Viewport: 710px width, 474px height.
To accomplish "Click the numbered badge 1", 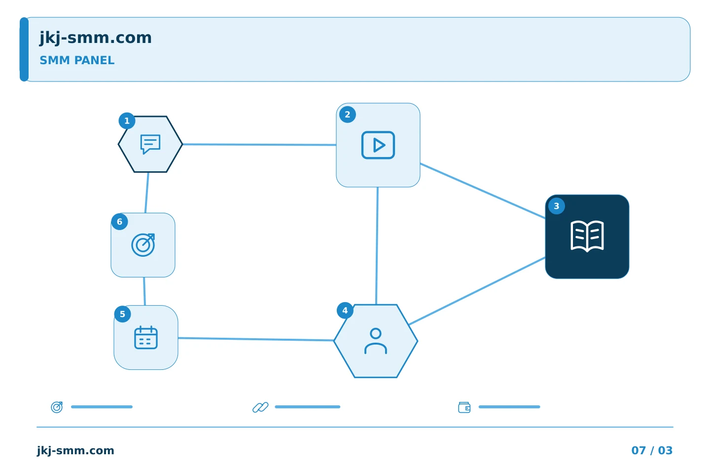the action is [127, 121].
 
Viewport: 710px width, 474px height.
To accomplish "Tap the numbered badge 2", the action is [348, 115].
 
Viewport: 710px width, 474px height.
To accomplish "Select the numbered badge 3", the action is [556, 206].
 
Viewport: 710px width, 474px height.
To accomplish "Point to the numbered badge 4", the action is [345, 311].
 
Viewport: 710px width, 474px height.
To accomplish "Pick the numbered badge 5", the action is [122, 315].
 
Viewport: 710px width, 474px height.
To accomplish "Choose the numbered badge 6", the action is [119, 222].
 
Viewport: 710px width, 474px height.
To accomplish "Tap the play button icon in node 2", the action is [378, 145].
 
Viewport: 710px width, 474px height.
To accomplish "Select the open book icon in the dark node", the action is [587, 237].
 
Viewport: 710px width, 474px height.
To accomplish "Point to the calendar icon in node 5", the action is [146, 338].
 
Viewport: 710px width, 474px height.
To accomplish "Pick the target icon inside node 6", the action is [143, 245].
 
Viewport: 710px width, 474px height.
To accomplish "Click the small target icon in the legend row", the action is [57, 407].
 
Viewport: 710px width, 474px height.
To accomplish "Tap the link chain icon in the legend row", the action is [260, 407].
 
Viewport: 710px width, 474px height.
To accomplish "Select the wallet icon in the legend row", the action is [464, 407].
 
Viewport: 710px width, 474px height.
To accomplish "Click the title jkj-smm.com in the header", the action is [96, 38].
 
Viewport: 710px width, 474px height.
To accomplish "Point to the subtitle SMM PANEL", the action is [77, 60].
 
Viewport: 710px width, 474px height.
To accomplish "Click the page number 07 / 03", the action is [652, 450].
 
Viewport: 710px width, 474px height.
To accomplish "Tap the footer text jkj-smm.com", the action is [75, 451].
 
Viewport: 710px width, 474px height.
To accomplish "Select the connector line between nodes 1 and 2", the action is [259, 145].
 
